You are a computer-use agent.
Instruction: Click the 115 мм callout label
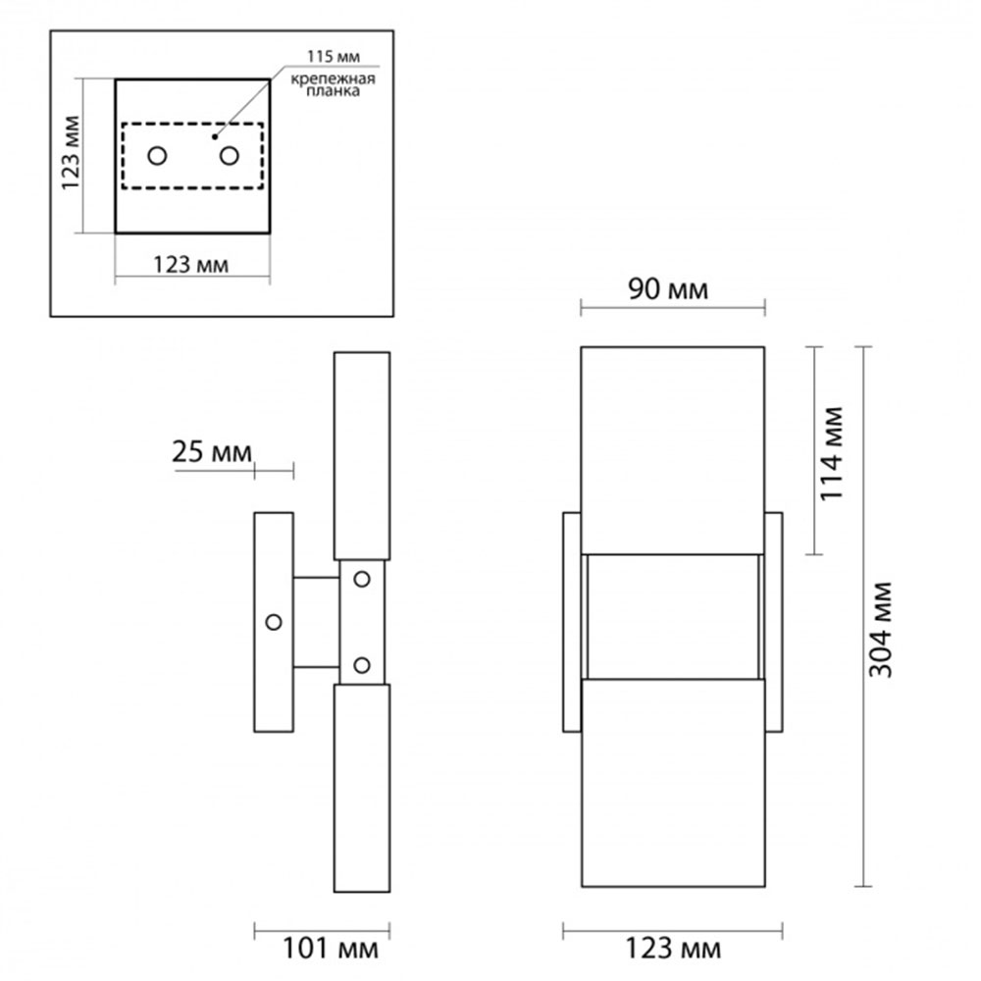click(x=333, y=56)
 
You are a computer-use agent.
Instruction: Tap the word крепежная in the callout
click(x=333, y=78)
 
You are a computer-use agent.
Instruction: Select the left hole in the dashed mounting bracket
click(x=157, y=155)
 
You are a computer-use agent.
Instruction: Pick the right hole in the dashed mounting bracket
click(x=229, y=155)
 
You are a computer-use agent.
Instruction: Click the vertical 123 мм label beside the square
click(x=71, y=153)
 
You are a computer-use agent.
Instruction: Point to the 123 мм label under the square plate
click(x=191, y=265)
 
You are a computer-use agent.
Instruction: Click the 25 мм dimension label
click(x=212, y=451)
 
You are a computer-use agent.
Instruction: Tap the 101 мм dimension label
click(x=331, y=949)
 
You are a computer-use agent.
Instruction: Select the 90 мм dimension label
click(x=668, y=289)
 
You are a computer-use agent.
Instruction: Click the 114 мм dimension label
click(x=832, y=453)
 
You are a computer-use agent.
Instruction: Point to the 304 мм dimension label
click(x=880, y=630)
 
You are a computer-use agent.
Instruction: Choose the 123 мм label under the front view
click(x=673, y=949)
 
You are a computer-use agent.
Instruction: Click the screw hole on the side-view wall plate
click(x=274, y=622)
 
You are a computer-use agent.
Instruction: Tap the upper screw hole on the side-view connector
click(x=362, y=580)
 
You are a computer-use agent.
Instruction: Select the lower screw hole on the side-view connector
click(x=362, y=665)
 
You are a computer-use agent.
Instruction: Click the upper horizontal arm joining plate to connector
click(x=317, y=577)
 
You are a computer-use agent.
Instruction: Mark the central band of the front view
click(x=673, y=617)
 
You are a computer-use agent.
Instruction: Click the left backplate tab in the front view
click(x=572, y=622)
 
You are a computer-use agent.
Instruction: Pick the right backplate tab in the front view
click(x=773, y=622)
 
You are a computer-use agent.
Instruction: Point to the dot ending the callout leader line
click(x=214, y=136)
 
